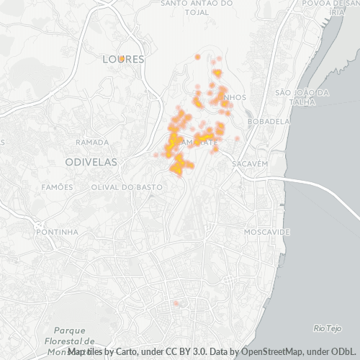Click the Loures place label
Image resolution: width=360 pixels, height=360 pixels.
tap(124, 58)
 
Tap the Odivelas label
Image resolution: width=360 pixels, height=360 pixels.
tap(91, 163)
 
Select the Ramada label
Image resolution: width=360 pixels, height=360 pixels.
tap(91, 142)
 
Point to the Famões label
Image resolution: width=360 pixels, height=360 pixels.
tap(57, 187)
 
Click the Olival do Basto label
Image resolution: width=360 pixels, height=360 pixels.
tap(126, 187)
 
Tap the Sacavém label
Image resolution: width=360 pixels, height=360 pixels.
tap(250, 164)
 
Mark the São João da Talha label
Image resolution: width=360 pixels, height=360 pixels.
tap(302, 96)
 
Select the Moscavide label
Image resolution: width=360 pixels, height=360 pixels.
tap(266, 233)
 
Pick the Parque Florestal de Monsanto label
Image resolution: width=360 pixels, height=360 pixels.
tap(69, 334)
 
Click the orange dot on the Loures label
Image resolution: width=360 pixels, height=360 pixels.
tap(122, 58)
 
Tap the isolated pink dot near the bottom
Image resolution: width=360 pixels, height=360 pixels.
tap(175, 303)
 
